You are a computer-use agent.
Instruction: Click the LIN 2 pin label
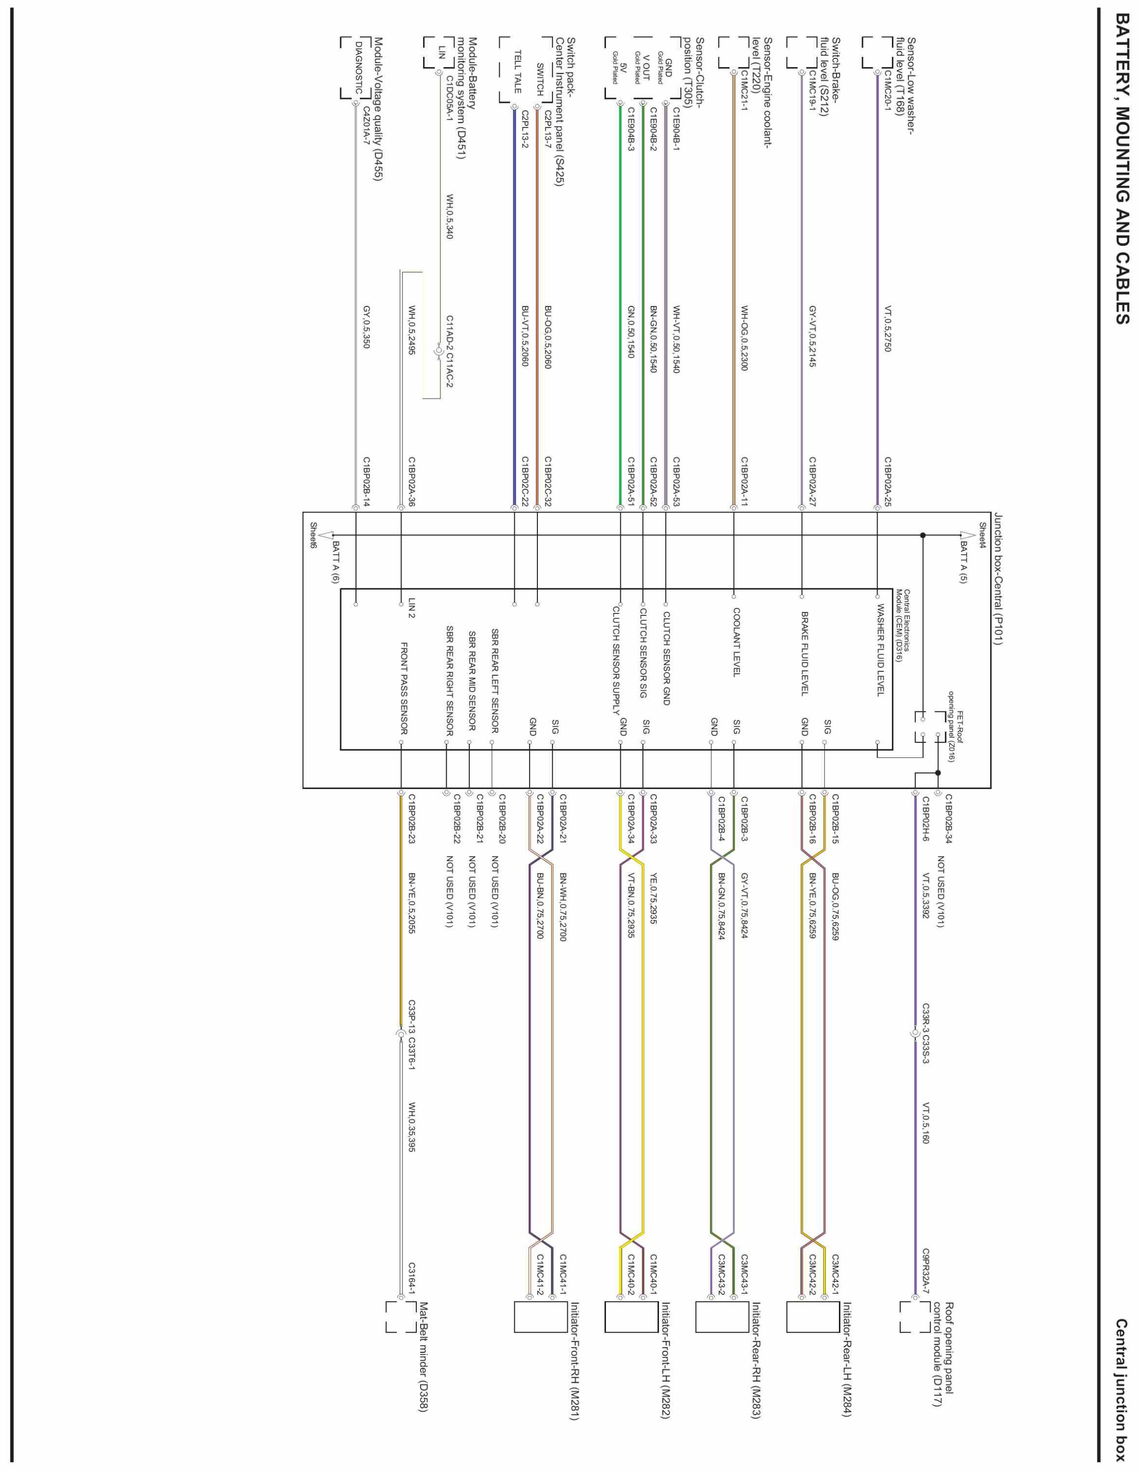pyautogui.click(x=411, y=608)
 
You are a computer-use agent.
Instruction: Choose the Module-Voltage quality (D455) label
pyautogui.click(x=378, y=108)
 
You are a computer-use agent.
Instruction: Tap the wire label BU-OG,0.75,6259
pyautogui.click(x=835, y=906)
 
